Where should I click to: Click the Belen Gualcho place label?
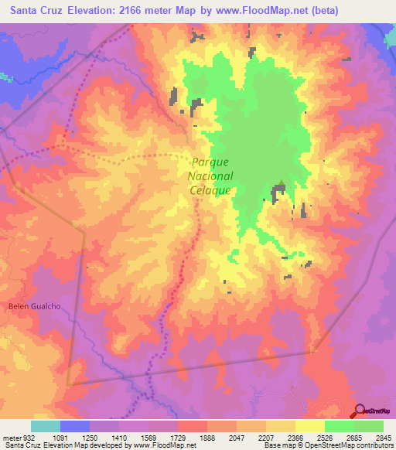pos(34,306)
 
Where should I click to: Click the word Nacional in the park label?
pos(210,176)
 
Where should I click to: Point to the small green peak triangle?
pos(282,185)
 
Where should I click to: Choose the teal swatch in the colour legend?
pos(46,426)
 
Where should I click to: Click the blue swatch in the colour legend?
pos(75,426)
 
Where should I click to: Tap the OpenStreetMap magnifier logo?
pos(359,411)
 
